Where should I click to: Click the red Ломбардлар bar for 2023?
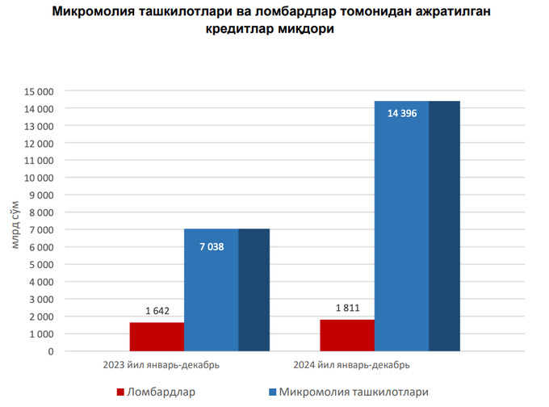157,337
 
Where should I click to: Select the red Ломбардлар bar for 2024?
347,335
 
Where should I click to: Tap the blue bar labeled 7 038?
212,291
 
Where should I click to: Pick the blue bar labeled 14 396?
402,226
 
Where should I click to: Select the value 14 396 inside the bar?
402,114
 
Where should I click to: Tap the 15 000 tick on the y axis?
38,91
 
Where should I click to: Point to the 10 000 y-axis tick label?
38,178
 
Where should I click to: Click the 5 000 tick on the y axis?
40,265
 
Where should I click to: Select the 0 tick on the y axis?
50,351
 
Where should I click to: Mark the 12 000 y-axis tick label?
38,143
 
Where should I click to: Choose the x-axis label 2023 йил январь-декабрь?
161,365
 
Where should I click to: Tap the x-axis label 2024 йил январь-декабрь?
351,365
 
